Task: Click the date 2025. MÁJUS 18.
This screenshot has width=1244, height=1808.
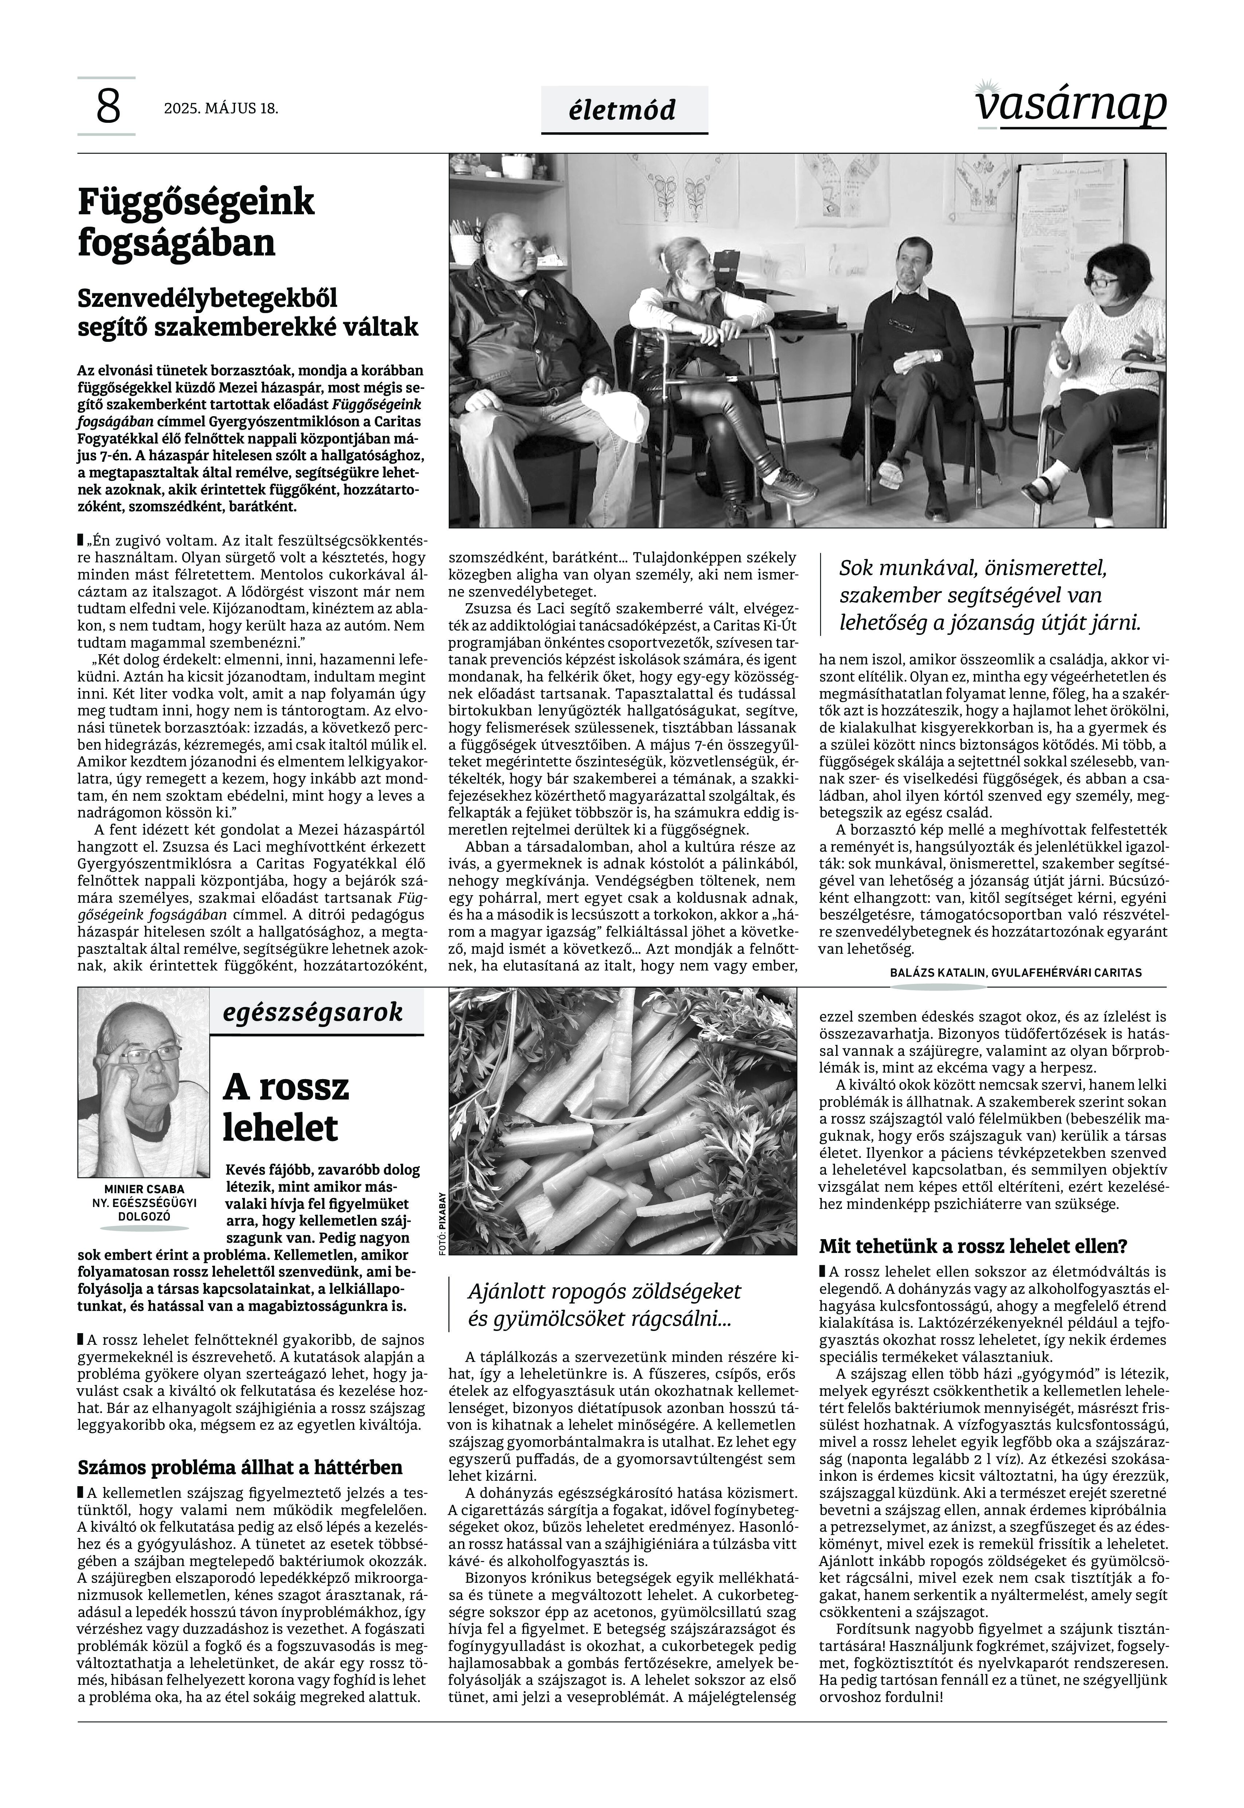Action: pos(221,108)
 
